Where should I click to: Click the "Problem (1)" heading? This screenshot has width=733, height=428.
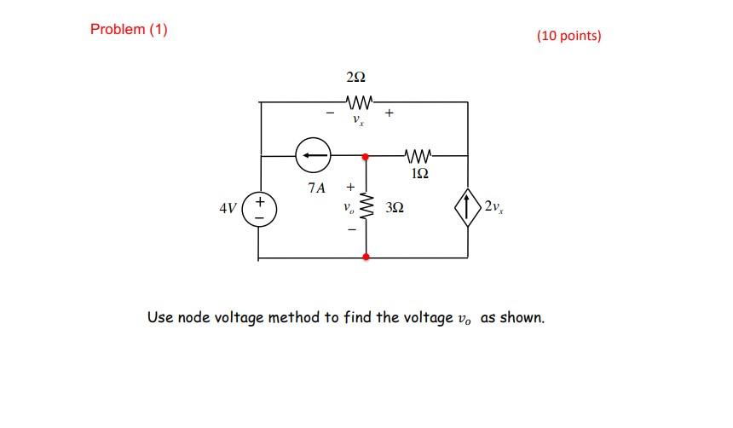pyautogui.click(x=129, y=30)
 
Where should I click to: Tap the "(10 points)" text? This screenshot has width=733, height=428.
pyautogui.click(x=569, y=36)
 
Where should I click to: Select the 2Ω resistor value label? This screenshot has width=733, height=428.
pyautogui.click(x=356, y=78)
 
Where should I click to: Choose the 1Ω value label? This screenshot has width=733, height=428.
pyautogui.click(x=418, y=174)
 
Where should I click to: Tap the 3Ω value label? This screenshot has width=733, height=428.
pyautogui.click(x=394, y=207)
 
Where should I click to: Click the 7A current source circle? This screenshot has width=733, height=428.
pyautogui.click(x=311, y=156)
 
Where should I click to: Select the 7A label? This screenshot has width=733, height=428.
pyautogui.click(x=316, y=188)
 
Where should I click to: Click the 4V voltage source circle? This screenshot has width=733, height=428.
pyautogui.click(x=259, y=208)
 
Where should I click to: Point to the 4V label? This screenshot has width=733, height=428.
pyautogui.click(x=228, y=208)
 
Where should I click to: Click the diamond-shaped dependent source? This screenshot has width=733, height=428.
pyautogui.click(x=468, y=207)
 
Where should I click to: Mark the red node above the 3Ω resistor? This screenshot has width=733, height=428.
pyautogui.click(x=366, y=157)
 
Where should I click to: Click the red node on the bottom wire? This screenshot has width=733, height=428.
pyautogui.click(x=366, y=257)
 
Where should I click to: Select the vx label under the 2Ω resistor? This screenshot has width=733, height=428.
pyautogui.click(x=358, y=121)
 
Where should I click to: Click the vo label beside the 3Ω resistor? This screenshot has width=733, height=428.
pyautogui.click(x=347, y=207)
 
